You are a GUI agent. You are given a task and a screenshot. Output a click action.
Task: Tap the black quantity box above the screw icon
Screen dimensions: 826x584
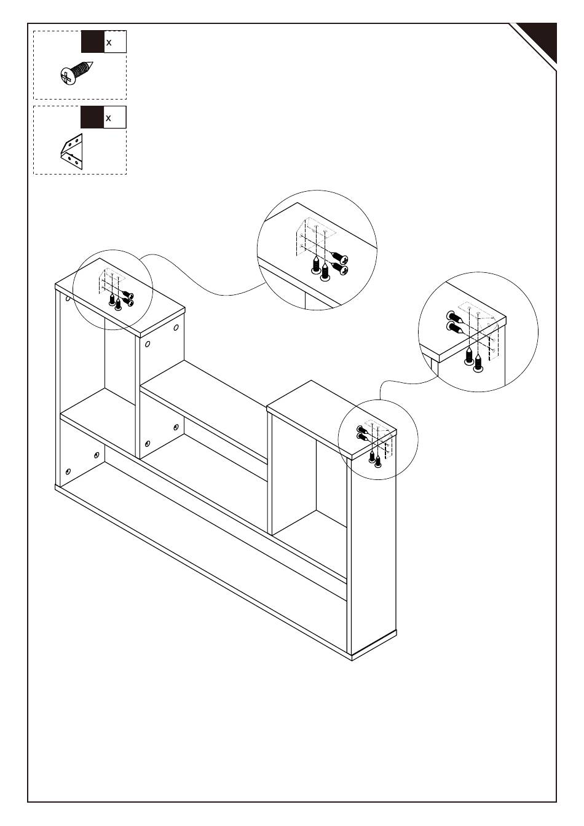point(92,42)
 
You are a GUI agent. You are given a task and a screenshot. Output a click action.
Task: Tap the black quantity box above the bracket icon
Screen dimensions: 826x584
point(92,117)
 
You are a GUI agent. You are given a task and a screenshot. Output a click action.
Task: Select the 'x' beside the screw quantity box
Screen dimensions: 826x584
point(109,42)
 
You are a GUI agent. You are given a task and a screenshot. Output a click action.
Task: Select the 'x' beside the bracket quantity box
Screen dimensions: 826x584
point(109,117)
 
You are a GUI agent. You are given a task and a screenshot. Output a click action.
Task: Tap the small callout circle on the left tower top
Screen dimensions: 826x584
point(112,289)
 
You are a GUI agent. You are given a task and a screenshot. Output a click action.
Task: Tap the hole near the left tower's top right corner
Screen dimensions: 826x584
point(176,328)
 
